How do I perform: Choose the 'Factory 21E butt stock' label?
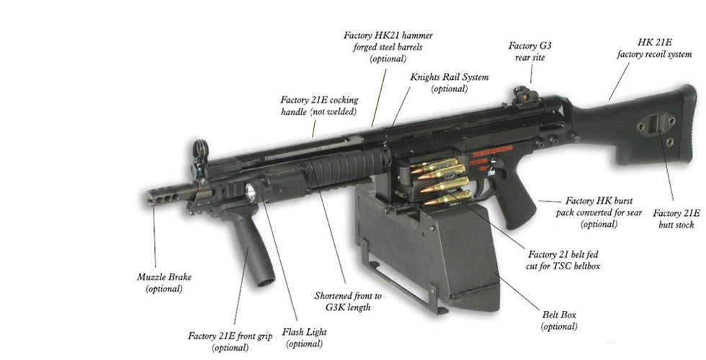tap(676, 219)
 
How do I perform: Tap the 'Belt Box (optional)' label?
tap(559, 320)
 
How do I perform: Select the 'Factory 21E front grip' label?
tap(230, 341)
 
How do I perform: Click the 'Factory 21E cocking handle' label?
tap(319, 107)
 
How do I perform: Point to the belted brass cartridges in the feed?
tap(441, 180)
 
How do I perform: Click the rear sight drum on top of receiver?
tap(521, 96)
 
